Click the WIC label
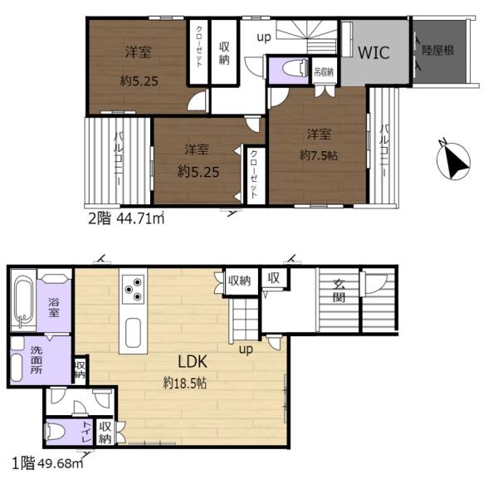[x=373, y=53]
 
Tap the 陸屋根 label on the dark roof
[x=438, y=50]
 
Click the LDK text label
[x=193, y=362]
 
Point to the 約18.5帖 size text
[x=185, y=383]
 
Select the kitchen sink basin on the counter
[x=133, y=333]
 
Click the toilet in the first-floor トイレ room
[x=56, y=433]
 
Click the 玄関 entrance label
[x=339, y=291]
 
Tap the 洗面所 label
[x=37, y=360]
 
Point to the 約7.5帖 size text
[x=319, y=155]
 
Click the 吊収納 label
[x=324, y=72]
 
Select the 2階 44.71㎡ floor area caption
[x=126, y=218]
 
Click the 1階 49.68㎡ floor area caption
[x=48, y=463]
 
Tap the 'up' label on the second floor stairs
[x=264, y=37]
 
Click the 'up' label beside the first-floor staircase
[x=246, y=349]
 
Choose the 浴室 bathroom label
[x=53, y=307]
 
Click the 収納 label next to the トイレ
[x=105, y=433]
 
